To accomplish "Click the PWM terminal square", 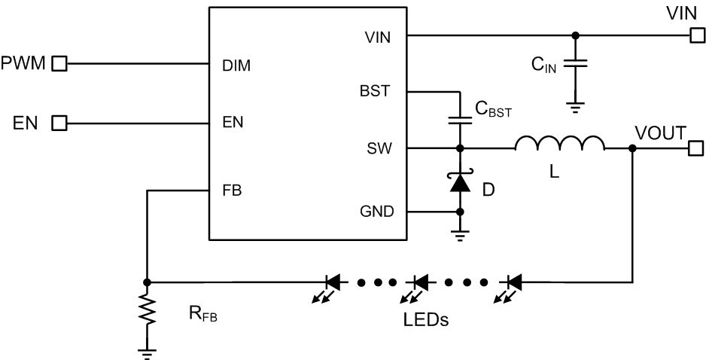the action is click(x=59, y=63).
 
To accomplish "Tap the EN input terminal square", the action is click(x=59, y=123).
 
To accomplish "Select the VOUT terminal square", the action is click(x=696, y=148).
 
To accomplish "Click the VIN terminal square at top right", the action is click(x=698, y=35).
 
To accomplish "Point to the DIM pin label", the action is click(x=236, y=66).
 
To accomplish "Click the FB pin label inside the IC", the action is click(x=232, y=191).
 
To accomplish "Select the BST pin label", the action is click(x=375, y=91).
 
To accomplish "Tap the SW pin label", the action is click(x=379, y=148).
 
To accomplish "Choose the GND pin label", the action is click(x=377, y=211).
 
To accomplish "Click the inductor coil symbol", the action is click(x=560, y=143).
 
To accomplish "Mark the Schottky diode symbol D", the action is click(x=460, y=180).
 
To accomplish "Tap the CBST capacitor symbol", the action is click(x=460, y=121).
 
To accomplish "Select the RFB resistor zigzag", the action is click(x=147, y=309).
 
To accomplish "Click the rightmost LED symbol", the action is click(x=510, y=288).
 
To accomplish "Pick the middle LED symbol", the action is click(x=416, y=288).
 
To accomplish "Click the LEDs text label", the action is click(x=427, y=320).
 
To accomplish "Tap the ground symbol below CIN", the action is click(x=575, y=107).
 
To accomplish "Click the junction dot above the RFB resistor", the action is click(x=147, y=282).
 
